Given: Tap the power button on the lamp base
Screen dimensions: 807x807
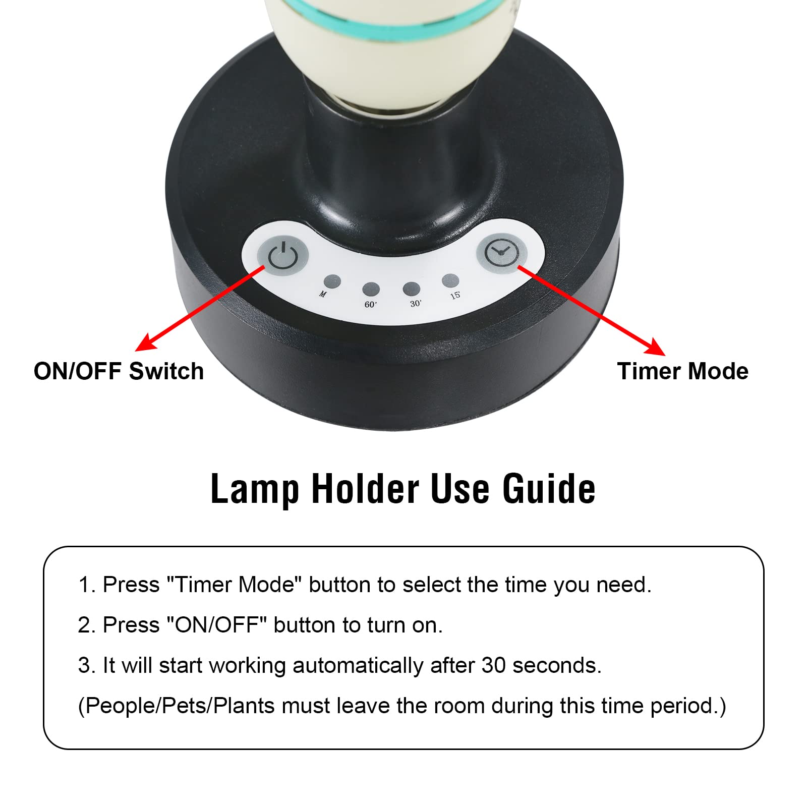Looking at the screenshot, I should [x=282, y=256].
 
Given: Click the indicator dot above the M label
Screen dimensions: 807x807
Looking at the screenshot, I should [x=332, y=282].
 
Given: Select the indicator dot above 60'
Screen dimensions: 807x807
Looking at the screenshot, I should [x=371, y=290].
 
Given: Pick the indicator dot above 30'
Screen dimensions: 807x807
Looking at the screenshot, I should [x=411, y=289].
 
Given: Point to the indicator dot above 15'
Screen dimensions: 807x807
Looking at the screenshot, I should [x=450, y=280].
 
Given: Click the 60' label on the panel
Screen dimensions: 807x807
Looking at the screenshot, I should [x=371, y=305].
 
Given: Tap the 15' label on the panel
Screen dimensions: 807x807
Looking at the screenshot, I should [x=455, y=295].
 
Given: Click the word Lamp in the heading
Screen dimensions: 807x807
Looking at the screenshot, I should [x=255, y=489].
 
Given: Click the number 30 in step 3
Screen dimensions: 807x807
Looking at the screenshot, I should [x=493, y=666].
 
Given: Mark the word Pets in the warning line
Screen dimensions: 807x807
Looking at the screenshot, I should [x=185, y=706].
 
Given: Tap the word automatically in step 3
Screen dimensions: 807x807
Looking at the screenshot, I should [x=358, y=666].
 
